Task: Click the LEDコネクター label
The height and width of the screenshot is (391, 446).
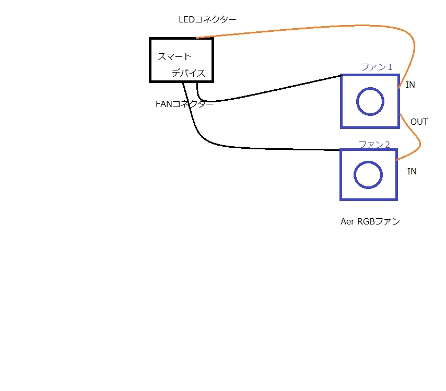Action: tap(207, 20)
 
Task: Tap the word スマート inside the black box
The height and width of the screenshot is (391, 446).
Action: tap(174, 56)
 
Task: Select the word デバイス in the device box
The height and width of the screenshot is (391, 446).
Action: tap(189, 73)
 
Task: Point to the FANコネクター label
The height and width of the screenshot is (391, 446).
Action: tap(184, 104)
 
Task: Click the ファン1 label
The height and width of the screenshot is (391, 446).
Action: tap(377, 67)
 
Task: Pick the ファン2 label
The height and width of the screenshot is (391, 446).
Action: tap(374, 144)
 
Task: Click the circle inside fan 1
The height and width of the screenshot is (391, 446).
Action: tap(371, 101)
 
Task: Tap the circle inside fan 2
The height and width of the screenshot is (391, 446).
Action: tap(368, 174)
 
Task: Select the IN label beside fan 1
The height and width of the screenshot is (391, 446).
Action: tap(410, 85)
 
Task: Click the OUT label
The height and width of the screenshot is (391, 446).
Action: tap(419, 122)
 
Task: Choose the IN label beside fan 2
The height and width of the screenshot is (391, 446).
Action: tap(412, 171)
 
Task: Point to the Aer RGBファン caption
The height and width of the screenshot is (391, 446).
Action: tap(370, 221)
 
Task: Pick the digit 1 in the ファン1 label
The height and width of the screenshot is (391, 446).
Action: tap(389, 67)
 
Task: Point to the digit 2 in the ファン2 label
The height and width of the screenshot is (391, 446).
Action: tap(386, 144)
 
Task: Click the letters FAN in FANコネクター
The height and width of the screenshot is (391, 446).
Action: tap(164, 104)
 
